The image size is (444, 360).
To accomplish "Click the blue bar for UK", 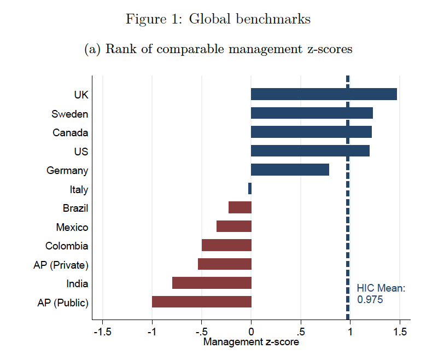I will coord(324,94).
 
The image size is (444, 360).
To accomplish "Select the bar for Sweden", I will coord(312,113).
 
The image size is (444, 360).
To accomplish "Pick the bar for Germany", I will coord(290,170).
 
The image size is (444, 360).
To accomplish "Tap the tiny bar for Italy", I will coord(250,189).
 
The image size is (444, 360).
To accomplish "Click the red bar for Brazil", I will coord(240,207).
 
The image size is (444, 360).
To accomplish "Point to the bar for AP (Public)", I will coord(201,302).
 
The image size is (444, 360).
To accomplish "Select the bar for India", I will coord(212,283).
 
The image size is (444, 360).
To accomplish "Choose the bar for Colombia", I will coord(226,245).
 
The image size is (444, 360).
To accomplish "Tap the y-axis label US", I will coord(81,152).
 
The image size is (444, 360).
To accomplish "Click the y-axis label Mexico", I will coord(72,227).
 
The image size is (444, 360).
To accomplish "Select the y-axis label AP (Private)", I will coord(61,265).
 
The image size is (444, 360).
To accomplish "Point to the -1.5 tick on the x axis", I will coord(102,332).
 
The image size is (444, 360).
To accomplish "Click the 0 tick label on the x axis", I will coord(251,332).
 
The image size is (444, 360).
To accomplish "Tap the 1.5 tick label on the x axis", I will coord(400,332).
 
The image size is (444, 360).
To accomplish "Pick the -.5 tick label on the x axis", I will coord(201,332).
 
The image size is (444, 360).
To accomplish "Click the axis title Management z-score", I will coord(251,342).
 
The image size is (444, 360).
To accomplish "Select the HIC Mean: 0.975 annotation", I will coord(381,294).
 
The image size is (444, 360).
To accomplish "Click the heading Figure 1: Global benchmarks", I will coord(218,19).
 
